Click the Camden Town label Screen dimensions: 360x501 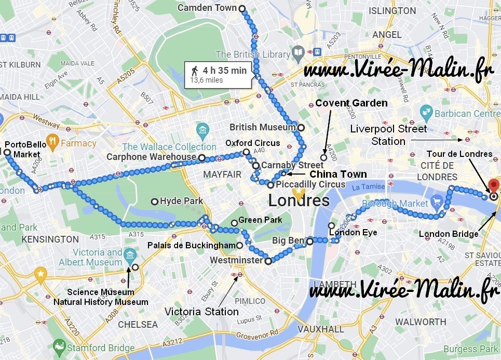[207, 8]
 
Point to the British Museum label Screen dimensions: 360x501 [263, 127]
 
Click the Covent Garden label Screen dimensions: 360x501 [351, 103]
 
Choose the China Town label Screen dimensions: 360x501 [338, 174]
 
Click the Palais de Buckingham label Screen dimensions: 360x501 [192, 245]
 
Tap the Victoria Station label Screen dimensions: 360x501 [201, 312]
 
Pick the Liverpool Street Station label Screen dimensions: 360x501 [388, 135]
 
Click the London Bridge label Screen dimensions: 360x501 [449, 234]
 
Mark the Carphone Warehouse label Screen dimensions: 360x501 [151, 156]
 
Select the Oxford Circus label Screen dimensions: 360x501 [252, 143]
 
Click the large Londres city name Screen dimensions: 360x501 [299, 201]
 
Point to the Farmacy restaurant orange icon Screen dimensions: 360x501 [51, 141]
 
